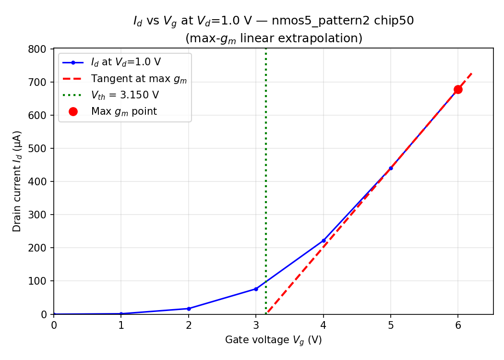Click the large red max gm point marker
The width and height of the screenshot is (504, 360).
(x=458, y=89)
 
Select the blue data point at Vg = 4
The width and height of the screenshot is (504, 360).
(x=324, y=240)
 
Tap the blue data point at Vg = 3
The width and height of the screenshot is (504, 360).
(x=256, y=289)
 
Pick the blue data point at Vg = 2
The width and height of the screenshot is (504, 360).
(x=189, y=309)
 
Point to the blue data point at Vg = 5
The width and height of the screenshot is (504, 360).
(x=391, y=168)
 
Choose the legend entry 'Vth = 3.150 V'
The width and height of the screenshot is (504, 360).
(x=125, y=95)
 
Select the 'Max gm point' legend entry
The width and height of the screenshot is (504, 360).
(x=124, y=111)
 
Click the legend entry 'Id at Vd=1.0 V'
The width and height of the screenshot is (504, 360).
(x=126, y=62)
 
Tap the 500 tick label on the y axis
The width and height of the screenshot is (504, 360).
(x=39, y=148)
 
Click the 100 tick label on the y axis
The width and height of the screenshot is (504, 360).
(x=39, y=281)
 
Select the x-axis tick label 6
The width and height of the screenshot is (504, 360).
(x=458, y=325)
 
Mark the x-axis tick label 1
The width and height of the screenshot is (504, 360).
(x=121, y=325)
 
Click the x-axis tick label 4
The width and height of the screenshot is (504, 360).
(x=324, y=325)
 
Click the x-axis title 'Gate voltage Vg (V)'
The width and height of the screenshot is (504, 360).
(x=273, y=340)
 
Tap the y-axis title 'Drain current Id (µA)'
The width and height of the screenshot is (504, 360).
(x=17, y=181)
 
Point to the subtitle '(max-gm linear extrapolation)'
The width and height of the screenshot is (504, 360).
(x=273, y=38)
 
